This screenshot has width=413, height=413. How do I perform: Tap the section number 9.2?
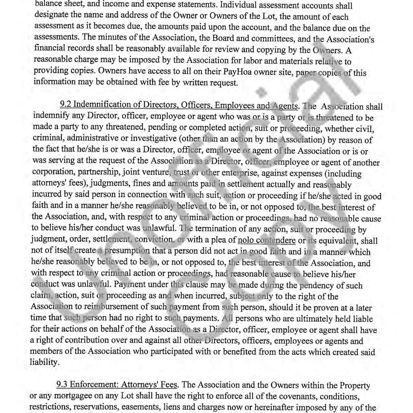point(66,105)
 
